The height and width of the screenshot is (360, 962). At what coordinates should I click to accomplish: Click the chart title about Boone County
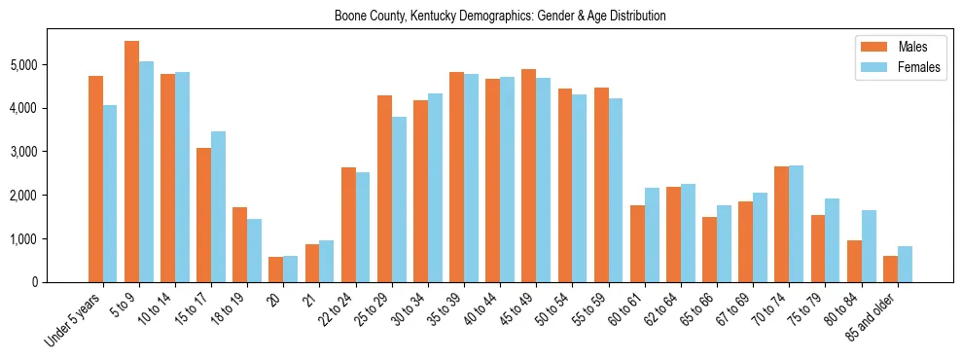pos(499,16)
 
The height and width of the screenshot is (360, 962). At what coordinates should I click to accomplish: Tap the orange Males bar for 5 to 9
pos(131,162)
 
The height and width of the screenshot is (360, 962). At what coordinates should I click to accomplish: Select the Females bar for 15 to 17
pos(218,206)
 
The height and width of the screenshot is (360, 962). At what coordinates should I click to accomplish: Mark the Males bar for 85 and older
pos(890,269)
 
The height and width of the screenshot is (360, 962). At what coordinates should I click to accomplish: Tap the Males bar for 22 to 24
pos(348,225)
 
